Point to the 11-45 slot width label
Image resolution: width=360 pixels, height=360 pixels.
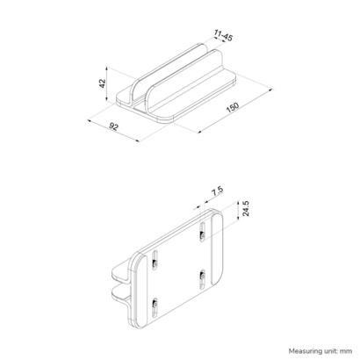click(223, 37)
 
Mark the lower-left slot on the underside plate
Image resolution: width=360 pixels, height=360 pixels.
click(155, 308)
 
